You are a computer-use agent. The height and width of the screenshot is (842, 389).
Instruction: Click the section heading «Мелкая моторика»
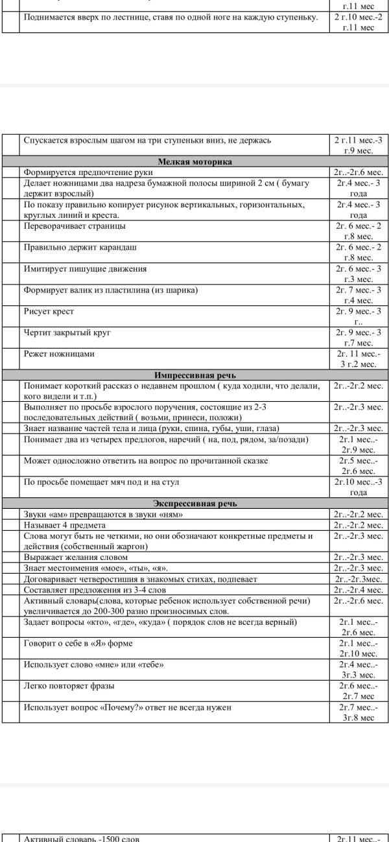(x=195, y=161)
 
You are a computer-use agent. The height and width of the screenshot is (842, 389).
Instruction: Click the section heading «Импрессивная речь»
(x=195, y=375)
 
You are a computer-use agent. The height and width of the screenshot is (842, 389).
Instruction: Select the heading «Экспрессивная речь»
(x=195, y=503)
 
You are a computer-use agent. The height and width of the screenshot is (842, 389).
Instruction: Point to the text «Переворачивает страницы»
(x=75, y=226)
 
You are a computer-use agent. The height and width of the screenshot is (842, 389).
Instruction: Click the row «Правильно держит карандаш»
(x=80, y=248)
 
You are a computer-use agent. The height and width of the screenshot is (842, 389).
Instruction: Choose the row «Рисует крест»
(x=49, y=312)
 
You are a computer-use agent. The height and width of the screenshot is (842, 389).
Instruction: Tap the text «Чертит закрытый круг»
(x=67, y=333)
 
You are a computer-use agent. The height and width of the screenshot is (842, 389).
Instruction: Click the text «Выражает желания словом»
(x=76, y=557)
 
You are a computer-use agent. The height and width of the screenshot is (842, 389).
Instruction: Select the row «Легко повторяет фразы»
(x=69, y=686)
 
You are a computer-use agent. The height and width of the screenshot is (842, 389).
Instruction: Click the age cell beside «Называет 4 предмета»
(x=358, y=525)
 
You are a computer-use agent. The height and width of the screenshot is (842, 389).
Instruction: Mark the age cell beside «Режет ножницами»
(x=358, y=359)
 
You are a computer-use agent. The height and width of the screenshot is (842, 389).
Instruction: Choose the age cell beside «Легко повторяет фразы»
(x=358, y=690)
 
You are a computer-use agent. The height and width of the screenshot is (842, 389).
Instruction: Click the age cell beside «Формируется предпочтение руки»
(x=358, y=172)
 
